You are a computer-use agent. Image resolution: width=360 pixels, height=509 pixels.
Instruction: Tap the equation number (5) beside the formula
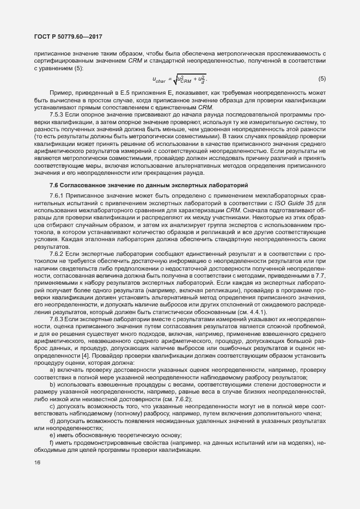tap(322, 79)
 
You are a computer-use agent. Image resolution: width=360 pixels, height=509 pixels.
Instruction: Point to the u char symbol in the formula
tap(160, 80)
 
